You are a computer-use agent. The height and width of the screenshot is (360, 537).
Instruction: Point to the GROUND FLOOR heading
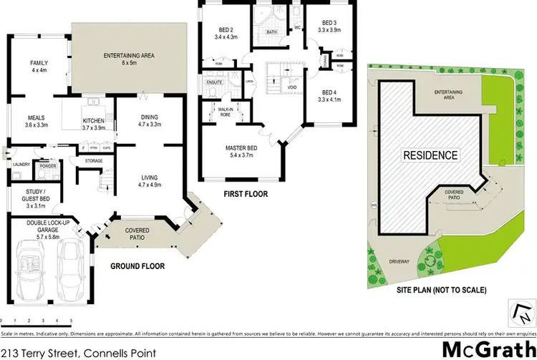coord(137,266)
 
